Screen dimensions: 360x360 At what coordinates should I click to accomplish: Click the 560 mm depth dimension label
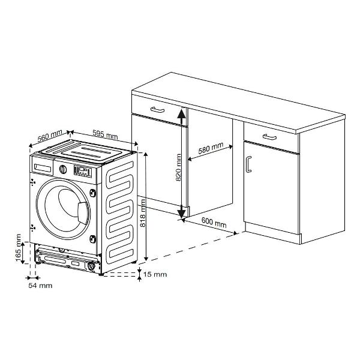pyautogui.click(x=50, y=136)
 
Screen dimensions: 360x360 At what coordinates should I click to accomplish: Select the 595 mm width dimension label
pyautogui.click(x=105, y=134)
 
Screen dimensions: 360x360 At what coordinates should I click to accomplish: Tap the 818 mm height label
pyautogui.click(x=143, y=213)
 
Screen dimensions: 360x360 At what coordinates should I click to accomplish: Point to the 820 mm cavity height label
pyautogui.click(x=178, y=167)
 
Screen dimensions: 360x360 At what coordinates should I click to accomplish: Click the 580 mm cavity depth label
pyautogui.click(x=211, y=148)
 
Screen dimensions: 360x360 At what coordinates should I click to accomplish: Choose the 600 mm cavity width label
pyautogui.click(x=214, y=222)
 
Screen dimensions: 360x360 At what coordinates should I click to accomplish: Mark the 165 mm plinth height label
pyautogui.click(x=18, y=247)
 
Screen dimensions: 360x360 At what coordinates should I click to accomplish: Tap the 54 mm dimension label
pyautogui.click(x=40, y=286)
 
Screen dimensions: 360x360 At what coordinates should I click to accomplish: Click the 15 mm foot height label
pyautogui.click(x=155, y=274)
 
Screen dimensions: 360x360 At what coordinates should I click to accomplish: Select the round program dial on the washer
pyautogui.click(x=63, y=169)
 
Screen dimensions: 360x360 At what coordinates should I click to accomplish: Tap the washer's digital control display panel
pyautogui.click(x=82, y=172)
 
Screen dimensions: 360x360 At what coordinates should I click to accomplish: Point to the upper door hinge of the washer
pyautogui.click(x=93, y=193)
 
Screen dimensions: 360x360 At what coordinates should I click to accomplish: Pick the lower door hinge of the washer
pyautogui.click(x=92, y=239)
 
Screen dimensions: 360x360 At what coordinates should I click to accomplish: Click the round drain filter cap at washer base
pyautogui.click(x=91, y=266)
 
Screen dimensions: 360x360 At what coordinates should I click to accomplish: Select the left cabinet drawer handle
pyautogui.click(x=157, y=110)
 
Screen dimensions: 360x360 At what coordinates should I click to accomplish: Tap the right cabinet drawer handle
pyautogui.click(x=269, y=137)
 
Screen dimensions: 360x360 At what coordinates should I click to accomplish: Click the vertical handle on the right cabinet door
pyautogui.click(x=248, y=164)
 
